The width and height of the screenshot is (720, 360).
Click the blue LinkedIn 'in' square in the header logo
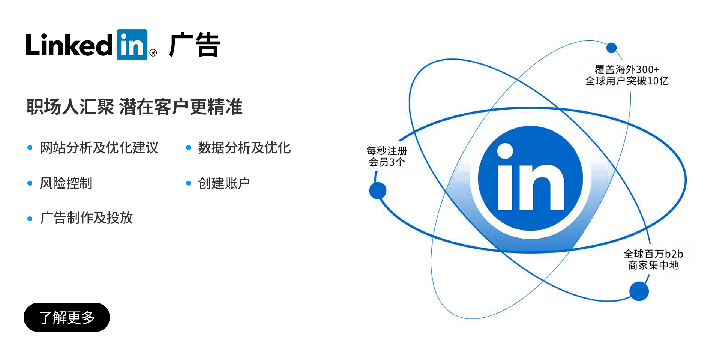pyautogui.click(x=132, y=45)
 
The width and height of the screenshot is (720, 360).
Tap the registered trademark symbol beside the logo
pyautogui.click(x=153, y=53)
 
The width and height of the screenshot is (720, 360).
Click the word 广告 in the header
pyautogui.click(x=194, y=45)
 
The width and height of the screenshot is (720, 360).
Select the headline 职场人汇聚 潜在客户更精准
pyautogui.click(x=134, y=107)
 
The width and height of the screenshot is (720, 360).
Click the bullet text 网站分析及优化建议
pyautogui.click(x=99, y=148)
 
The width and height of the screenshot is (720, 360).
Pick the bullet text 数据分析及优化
pyautogui.click(x=244, y=148)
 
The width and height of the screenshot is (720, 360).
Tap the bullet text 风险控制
pyautogui.click(x=66, y=183)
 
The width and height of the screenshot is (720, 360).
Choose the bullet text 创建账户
pyautogui.click(x=224, y=183)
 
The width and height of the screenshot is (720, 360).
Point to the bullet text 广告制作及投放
pyautogui.click(x=86, y=218)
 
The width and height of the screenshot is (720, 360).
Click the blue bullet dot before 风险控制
pyautogui.click(x=30, y=183)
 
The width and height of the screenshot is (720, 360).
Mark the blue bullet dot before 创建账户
pyautogui.click(x=188, y=183)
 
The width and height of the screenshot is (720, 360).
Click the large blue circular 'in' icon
pyautogui.click(x=530, y=178)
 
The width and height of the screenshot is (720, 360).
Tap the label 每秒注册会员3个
pyautogui.click(x=387, y=156)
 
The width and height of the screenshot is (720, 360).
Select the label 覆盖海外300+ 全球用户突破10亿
pyautogui.click(x=627, y=75)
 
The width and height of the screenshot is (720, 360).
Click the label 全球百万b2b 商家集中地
pyautogui.click(x=653, y=259)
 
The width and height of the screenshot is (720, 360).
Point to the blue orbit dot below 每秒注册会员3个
pyautogui.click(x=378, y=190)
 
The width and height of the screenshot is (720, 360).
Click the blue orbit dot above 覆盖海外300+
pyautogui.click(x=611, y=48)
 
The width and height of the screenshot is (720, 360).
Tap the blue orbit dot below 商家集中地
pyautogui.click(x=639, y=291)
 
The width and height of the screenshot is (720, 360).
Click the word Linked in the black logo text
pyautogui.click(x=69, y=45)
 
